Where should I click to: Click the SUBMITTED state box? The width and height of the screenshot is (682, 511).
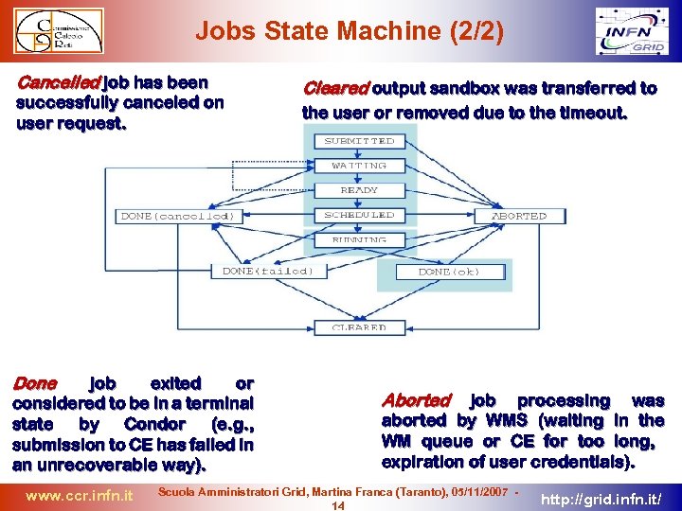tap(359, 141)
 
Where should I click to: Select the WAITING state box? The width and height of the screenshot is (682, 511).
tap(359, 166)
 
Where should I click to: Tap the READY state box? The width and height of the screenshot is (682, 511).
tap(359, 190)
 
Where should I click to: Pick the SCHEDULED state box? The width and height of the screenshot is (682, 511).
tap(359, 215)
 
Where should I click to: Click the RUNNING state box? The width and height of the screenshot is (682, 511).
tap(359, 240)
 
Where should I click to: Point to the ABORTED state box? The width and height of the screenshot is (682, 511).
tap(519, 216)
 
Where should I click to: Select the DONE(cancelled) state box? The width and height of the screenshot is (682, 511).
tap(177, 216)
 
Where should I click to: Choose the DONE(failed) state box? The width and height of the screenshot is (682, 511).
tap(260, 271)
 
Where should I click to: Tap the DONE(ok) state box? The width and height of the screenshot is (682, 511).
tap(449, 272)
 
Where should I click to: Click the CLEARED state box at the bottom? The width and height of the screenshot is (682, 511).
tap(359, 327)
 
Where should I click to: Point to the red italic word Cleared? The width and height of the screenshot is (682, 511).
tap(335, 89)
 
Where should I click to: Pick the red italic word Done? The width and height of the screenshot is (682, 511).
tap(34, 384)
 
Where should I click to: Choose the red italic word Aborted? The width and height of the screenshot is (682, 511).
tap(416, 400)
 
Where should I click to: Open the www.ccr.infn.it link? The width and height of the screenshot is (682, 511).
tap(79, 495)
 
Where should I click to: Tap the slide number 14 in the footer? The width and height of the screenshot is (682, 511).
tap(337, 504)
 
